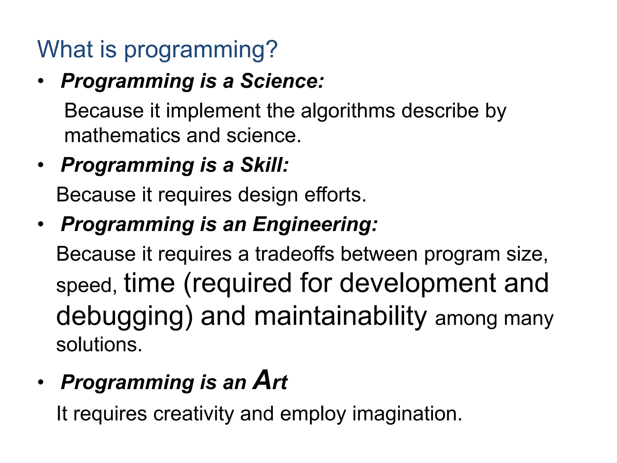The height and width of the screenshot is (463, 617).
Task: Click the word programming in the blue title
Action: click(x=201, y=50)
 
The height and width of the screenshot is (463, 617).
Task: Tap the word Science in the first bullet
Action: click(x=282, y=81)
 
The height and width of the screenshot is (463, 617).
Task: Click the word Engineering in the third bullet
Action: click(x=315, y=225)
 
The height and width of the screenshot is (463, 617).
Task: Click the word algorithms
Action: click(x=348, y=111)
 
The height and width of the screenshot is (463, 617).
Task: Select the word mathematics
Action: click(x=122, y=135)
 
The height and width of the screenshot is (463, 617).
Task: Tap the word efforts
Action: click(x=335, y=195)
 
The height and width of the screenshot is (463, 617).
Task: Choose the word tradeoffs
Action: click(x=294, y=254)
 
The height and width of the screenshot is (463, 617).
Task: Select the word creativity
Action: click(x=193, y=414)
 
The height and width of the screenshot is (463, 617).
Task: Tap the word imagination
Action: click(x=407, y=414)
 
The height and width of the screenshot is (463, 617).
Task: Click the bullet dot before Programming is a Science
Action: click(x=41, y=81)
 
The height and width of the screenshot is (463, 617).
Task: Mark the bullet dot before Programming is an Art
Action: click(x=41, y=383)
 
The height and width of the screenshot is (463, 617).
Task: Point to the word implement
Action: click(x=213, y=111)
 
